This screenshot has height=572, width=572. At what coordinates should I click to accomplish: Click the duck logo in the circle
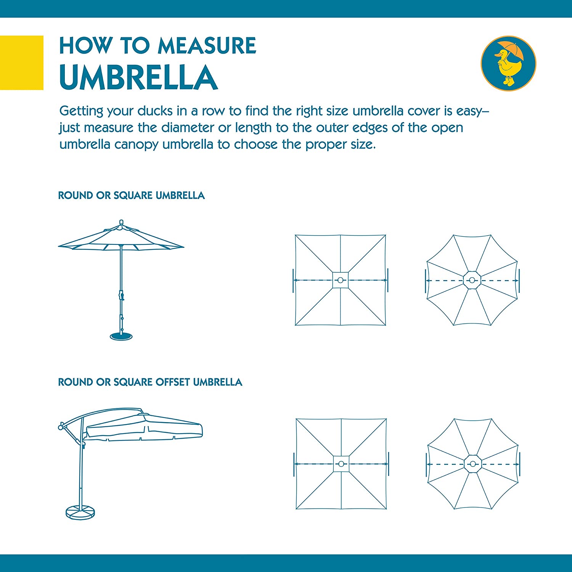[x=508, y=63]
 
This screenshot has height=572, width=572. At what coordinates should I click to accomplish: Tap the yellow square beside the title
[x=22, y=63]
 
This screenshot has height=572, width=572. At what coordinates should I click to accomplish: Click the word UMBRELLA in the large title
[x=138, y=77]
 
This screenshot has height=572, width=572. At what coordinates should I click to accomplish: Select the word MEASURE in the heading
[x=207, y=46]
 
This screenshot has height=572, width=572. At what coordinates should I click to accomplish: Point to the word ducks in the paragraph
[x=155, y=111]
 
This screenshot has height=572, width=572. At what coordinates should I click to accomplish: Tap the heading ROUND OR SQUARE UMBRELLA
[x=132, y=196]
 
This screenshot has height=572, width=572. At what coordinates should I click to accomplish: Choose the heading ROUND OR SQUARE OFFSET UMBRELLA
[x=150, y=382]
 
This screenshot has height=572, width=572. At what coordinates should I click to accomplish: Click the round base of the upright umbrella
[x=121, y=336]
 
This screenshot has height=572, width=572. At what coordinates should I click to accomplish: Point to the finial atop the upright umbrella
[x=122, y=222]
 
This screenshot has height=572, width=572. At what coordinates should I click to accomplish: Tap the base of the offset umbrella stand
[x=80, y=512]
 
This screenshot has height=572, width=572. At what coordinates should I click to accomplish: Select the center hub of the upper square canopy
[x=341, y=280]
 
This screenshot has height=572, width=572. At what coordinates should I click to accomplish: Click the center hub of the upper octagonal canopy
[x=472, y=280]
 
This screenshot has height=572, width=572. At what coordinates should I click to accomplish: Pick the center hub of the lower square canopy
[x=341, y=464]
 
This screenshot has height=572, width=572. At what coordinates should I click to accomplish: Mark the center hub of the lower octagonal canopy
[x=473, y=464]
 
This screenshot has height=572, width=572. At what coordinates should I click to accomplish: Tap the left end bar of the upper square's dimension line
[x=293, y=280]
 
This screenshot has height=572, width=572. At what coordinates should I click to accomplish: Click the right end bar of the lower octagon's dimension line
[x=520, y=464]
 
